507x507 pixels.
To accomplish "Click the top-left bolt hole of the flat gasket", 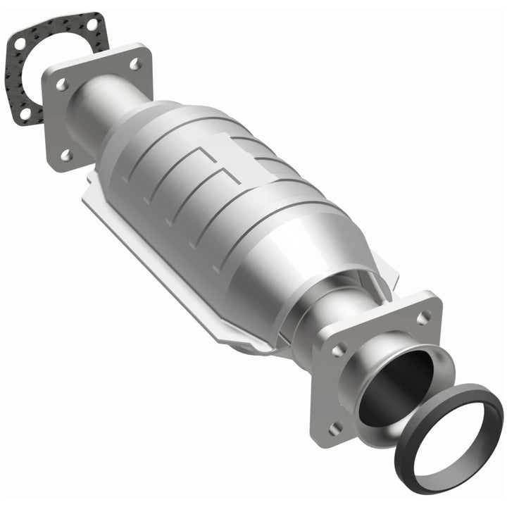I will [20, 44].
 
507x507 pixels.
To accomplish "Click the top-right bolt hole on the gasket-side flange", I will [134, 64].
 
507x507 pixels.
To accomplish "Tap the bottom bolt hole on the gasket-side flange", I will [66, 153].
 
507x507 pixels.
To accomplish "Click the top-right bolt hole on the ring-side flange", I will [423, 317].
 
